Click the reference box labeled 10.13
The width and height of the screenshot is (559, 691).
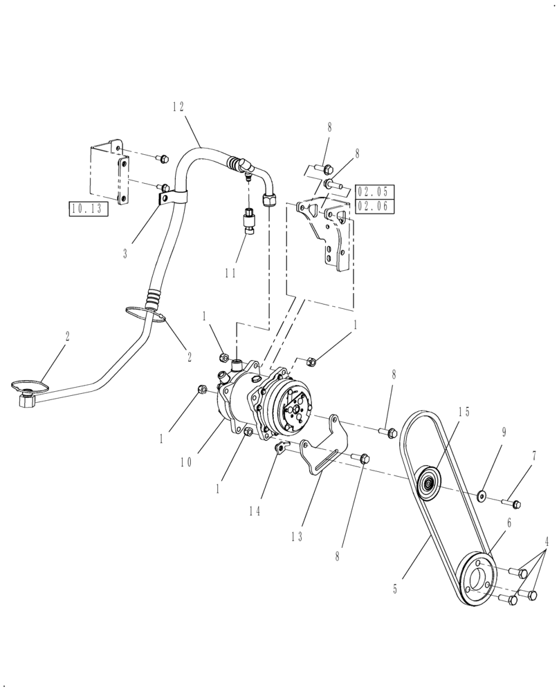point(89,209)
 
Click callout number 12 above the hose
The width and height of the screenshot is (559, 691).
point(178,106)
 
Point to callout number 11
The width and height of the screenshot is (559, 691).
point(230,273)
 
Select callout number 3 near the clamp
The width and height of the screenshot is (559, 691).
point(125,254)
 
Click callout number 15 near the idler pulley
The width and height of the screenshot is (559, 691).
point(463,413)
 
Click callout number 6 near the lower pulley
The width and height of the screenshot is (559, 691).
point(509,524)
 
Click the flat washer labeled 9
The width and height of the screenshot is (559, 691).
point(482,495)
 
